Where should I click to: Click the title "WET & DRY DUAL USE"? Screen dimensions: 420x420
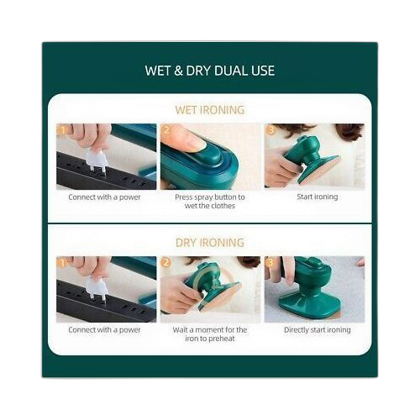(210, 71)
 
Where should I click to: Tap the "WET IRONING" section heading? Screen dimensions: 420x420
(210, 110)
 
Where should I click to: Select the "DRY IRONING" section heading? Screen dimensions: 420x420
(210, 243)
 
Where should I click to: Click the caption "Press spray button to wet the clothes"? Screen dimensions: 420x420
(210, 202)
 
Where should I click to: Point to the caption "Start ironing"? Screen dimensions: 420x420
(318, 197)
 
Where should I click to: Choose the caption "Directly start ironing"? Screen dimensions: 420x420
(318, 330)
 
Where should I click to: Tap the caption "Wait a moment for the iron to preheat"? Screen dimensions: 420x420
(210, 334)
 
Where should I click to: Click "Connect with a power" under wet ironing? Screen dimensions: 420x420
(104, 197)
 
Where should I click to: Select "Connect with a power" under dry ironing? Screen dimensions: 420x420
(104, 330)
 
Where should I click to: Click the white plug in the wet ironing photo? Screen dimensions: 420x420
(97, 160)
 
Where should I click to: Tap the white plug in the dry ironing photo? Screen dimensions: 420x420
(97, 291)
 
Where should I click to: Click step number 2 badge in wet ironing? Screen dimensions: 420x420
(165, 130)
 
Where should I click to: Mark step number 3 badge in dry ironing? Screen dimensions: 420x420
(270, 263)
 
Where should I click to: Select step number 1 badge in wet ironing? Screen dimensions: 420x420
(62, 130)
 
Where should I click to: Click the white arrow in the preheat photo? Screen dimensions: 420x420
(204, 294)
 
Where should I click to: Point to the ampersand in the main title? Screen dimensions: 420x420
(178, 71)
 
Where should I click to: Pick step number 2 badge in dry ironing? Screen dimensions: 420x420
(165, 263)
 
